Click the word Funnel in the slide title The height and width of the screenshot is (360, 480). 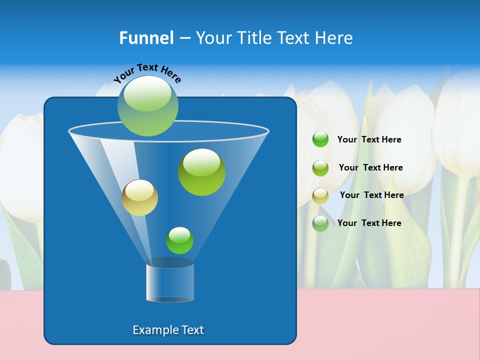click(x=146, y=38)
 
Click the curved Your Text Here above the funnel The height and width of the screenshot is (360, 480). click(x=147, y=73)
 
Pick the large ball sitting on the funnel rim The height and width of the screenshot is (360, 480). click(x=148, y=106)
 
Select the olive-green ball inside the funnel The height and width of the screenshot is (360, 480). click(x=202, y=172)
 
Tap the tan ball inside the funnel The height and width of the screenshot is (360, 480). click(x=139, y=197)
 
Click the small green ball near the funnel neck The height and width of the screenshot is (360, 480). click(x=179, y=240)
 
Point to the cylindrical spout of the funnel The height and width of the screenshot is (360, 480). click(x=170, y=281)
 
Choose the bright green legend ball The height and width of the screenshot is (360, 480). click(x=320, y=139)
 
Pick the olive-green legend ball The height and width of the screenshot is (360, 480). click(x=320, y=168)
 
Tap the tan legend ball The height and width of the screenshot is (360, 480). click(x=320, y=196)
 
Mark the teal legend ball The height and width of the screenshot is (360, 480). click(x=320, y=223)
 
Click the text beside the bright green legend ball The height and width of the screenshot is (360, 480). click(x=369, y=139)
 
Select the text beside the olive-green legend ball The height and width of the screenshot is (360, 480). click(x=370, y=167)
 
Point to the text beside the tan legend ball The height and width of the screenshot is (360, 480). click(x=371, y=195)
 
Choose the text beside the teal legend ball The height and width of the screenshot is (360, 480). click(x=369, y=223)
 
